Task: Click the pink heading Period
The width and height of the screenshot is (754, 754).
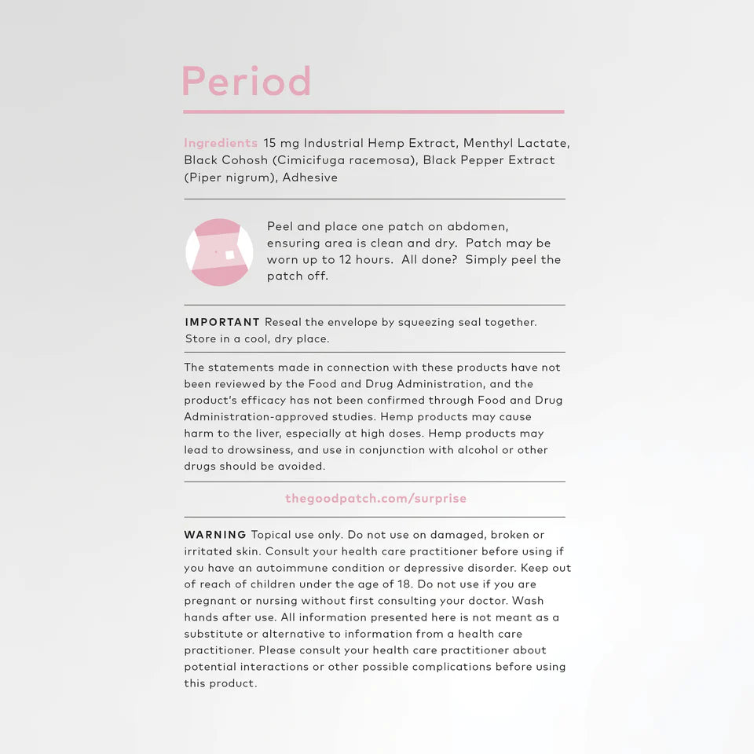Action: (247, 81)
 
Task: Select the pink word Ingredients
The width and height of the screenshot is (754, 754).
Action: (221, 143)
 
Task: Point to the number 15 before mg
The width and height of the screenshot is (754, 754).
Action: (270, 143)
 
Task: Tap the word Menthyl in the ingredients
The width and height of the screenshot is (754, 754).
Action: (488, 143)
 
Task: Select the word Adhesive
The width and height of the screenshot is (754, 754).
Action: (310, 178)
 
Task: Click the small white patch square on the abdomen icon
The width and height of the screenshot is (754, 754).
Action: (229, 255)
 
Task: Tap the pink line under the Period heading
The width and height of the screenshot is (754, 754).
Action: (373, 112)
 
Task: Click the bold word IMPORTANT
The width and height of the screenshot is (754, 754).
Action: (222, 322)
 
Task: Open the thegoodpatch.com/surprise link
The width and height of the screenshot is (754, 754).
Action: (375, 499)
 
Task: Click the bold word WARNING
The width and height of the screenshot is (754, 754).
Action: (215, 535)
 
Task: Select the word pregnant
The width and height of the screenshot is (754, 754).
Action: (210, 601)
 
